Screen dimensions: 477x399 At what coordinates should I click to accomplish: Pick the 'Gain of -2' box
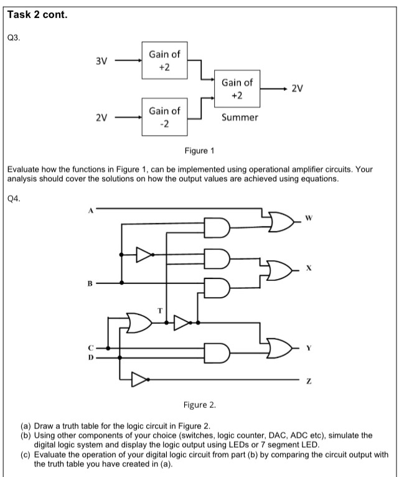click(x=164, y=116)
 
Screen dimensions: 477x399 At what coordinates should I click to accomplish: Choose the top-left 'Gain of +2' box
click(x=164, y=60)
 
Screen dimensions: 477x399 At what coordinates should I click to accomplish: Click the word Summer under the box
click(x=240, y=117)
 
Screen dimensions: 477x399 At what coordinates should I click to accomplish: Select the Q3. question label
click(x=13, y=38)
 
